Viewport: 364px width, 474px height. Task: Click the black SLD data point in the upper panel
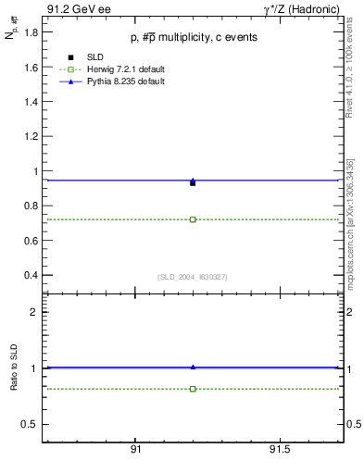[x=193, y=183]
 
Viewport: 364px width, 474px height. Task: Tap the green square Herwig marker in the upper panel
[x=193, y=219]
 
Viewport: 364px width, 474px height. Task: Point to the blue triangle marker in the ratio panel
[x=193, y=368]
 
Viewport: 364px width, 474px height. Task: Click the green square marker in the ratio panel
[x=193, y=389]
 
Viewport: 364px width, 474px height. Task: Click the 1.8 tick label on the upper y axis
[x=30, y=32]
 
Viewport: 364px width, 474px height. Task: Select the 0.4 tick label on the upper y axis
[x=30, y=275]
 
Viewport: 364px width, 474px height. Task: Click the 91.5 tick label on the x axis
[x=279, y=449]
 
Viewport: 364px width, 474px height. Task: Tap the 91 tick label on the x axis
[x=135, y=449]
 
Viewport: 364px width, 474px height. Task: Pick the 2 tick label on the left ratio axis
[x=35, y=312]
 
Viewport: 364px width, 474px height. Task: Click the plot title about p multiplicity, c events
[x=194, y=37]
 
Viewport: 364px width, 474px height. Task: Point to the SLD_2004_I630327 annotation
[x=193, y=277]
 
